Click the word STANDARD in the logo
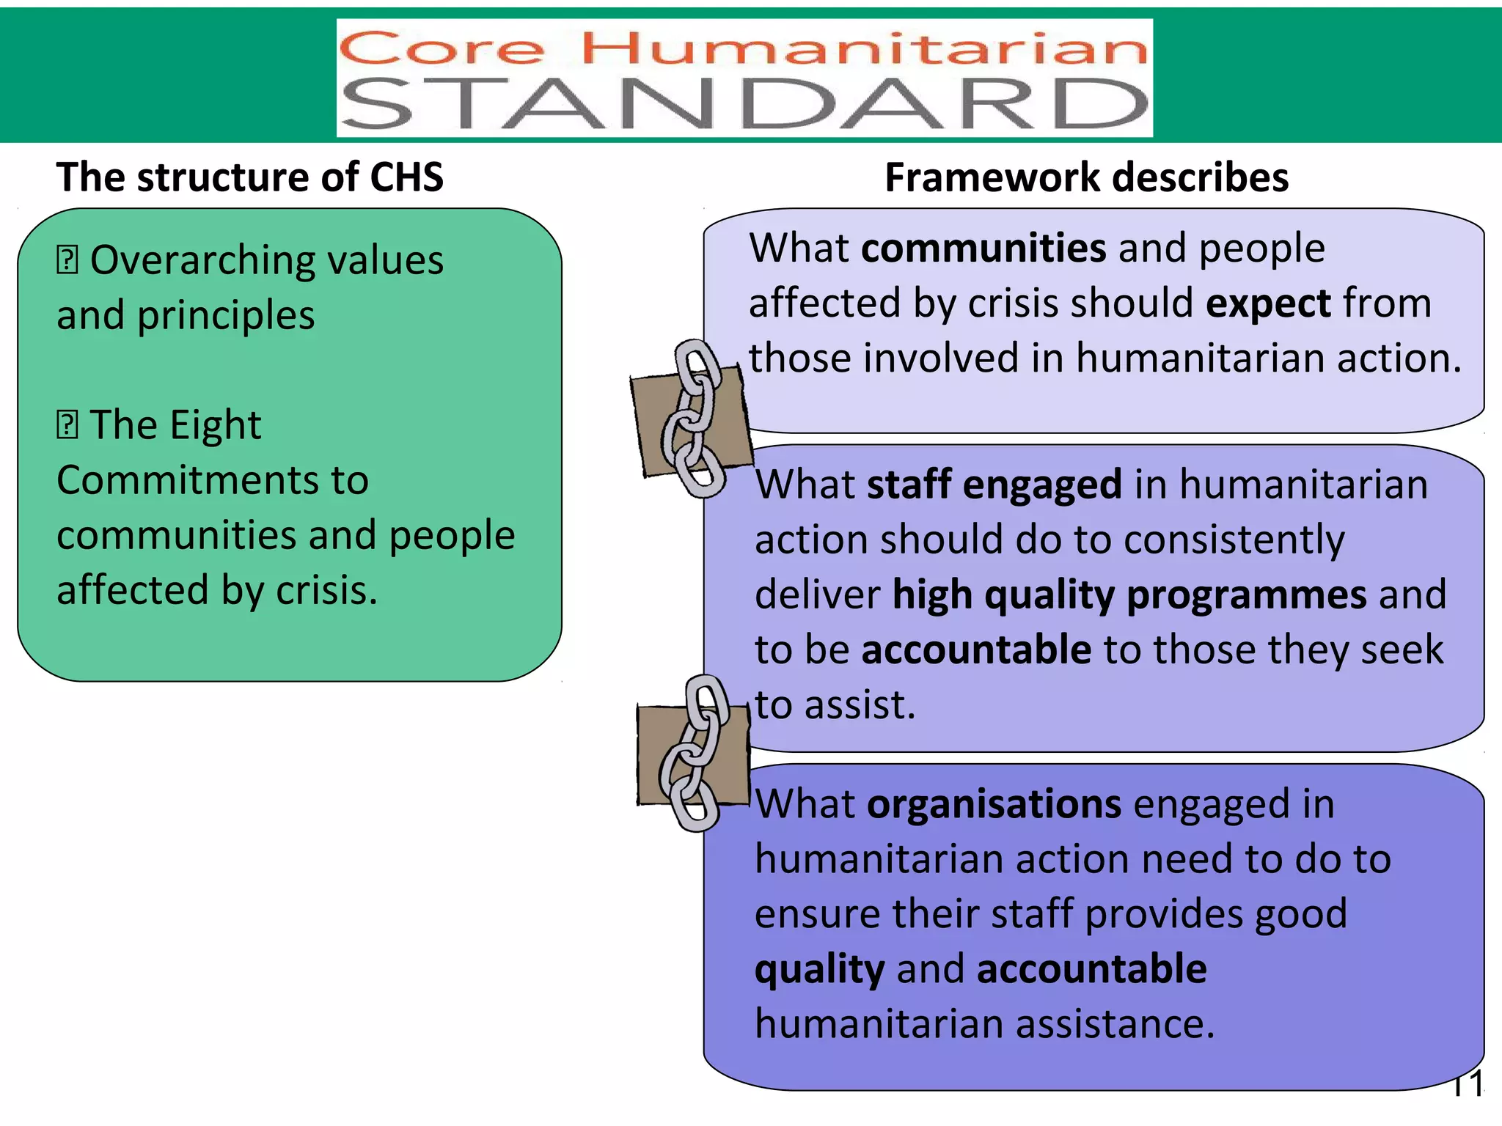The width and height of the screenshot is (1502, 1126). (x=744, y=104)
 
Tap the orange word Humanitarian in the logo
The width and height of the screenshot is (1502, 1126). (x=864, y=49)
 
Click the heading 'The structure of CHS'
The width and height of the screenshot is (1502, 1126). (x=250, y=177)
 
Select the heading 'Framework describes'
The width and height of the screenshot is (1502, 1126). (x=1086, y=177)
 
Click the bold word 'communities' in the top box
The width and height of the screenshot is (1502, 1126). (x=983, y=248)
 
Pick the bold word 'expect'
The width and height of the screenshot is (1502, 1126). (x=1268, y=303)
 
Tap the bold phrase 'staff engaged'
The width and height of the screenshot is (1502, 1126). (x=994, y=485)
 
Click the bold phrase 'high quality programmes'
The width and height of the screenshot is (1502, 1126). (x=1129, y=595)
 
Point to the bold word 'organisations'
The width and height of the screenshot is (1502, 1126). (x=994, y=804)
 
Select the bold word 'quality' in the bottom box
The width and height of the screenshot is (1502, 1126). (x=819, y=969)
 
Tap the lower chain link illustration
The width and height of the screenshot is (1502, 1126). (x=694, y=754)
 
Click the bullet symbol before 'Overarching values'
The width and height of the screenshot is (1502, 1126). (x=67, y=260)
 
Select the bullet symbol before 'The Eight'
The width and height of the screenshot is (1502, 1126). (x=67, y=425)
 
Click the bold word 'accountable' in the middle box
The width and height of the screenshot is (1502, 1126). (x=976, y=650)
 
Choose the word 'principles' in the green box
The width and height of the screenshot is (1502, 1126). (x=226, y=316)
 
